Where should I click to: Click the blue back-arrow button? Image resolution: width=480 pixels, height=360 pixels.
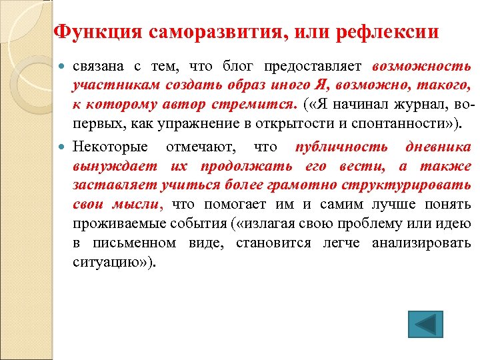coord(422,323)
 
